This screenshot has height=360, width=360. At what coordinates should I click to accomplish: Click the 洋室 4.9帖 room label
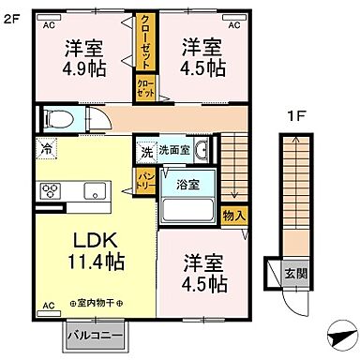click(83, 55)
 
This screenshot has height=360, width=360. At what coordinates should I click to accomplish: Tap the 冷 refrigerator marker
click(46, 148)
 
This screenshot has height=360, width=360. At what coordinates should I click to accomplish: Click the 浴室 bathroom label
click(187, 184)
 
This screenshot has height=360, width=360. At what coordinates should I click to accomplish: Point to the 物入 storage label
click(235, 217)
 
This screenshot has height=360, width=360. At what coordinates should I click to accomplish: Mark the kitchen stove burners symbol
click(49, 191)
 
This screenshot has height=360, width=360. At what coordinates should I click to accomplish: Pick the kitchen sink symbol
click(95, 191)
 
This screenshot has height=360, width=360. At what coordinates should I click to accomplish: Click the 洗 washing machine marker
click(147, 151)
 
